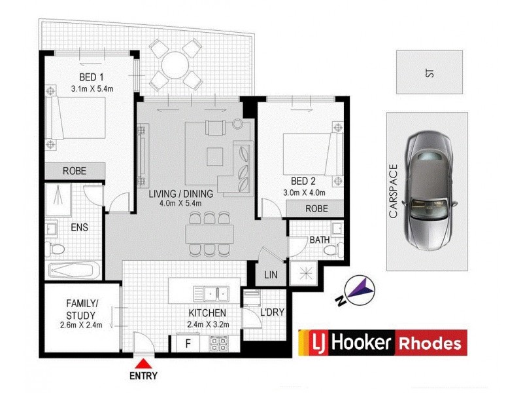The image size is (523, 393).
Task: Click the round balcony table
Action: [x=175, y=64]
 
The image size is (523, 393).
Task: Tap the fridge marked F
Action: [x=189, y=343]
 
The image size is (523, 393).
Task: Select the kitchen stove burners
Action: [x=218, y=342]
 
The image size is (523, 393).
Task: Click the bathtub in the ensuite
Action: [x=74, y=271]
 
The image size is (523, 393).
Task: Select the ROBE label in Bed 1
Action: [x=75, y=171]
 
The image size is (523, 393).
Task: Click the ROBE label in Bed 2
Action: [x=316, y=208]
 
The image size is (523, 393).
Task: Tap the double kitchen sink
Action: [x=214, y=292]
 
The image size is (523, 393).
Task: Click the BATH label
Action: [x=320, y=240]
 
